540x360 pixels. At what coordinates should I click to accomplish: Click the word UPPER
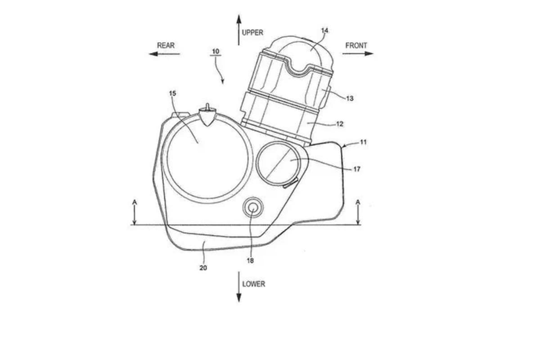[252, 32]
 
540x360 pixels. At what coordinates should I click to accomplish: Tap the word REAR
[166, 45]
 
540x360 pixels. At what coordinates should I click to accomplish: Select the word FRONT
[356, 45]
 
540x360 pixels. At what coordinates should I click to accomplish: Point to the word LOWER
[254, 284]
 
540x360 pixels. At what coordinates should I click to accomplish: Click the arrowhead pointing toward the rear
[153, 54]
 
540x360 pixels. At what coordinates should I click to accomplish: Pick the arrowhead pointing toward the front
[369, 54]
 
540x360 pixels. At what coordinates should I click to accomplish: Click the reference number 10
[216, 51]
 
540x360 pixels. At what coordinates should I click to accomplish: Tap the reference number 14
[324, 31]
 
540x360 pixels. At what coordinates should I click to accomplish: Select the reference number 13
[350, 99]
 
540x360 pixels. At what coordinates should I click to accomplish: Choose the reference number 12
[339, 124]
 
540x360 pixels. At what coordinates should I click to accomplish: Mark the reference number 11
[363, 142]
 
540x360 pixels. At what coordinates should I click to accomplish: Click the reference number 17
[357, 169]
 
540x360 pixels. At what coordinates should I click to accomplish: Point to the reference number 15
[173, 93]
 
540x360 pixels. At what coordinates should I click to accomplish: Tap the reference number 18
[250, 261]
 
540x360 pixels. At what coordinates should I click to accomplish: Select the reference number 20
[203, 268]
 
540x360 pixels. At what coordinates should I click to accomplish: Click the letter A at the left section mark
[135, 202]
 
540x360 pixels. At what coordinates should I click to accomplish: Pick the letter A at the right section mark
[358, 202]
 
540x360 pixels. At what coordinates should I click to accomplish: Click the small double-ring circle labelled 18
[253, 207]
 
